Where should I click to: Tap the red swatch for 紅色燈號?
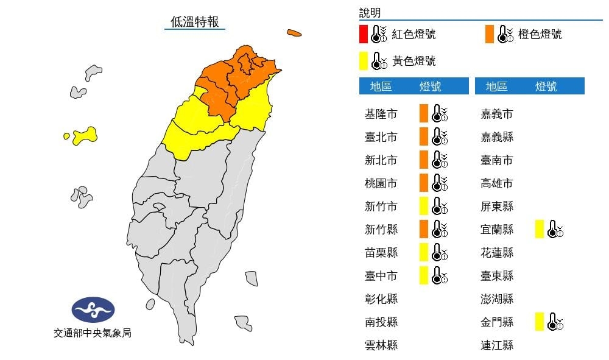coord(363,34)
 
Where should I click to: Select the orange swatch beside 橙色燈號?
coord(490,34)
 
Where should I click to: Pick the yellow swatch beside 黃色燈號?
coord(363,61)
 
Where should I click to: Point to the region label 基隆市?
coord(381,114)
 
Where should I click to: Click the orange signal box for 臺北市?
coord(424,136)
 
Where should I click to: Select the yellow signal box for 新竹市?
coord(424,206)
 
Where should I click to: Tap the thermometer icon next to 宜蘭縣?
coord(555,230)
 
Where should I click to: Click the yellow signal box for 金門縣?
coord(539,322)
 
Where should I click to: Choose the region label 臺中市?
coord(381,276)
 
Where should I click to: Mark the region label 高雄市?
coord(496,183)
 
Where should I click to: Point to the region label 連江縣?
coord(496,345)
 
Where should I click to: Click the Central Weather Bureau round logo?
coord(93,310)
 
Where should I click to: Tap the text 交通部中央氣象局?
coord(93,333)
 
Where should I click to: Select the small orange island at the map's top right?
coord(295,33)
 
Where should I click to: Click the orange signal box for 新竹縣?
coord(424,229)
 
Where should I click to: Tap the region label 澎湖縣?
coord(496,299)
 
